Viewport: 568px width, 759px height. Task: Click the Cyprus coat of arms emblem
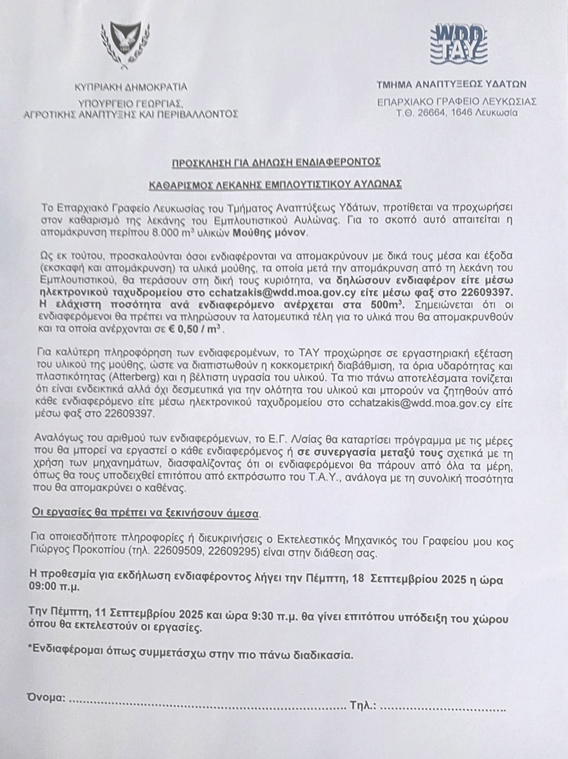coord(124,43)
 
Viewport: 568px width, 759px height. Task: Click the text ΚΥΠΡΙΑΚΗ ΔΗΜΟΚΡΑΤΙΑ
coord(131,87)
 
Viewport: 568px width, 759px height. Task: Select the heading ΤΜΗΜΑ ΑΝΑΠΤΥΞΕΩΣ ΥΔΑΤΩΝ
coord(451,84)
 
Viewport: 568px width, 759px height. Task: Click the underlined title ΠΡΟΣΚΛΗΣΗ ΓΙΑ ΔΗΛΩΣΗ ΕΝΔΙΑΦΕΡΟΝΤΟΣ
coord(276,162)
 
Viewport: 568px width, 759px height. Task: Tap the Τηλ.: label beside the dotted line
coord(363,705)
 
